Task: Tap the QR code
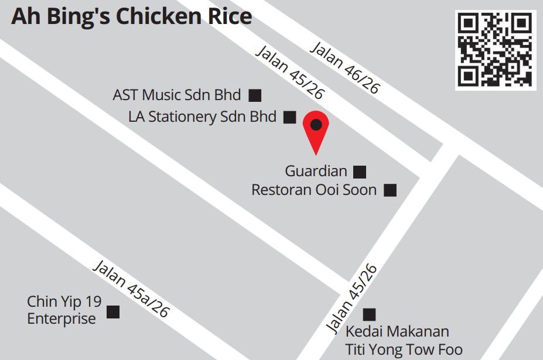495,50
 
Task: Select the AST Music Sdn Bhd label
177,94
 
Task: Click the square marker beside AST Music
255,95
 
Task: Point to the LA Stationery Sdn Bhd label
202,116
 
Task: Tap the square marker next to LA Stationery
289,117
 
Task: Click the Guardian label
316,171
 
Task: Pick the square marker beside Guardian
360,172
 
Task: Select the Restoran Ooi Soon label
314,190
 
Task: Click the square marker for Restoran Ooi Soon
390,190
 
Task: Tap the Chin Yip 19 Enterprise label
64,310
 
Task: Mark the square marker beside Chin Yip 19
113,311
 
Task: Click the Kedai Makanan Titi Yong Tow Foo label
404,341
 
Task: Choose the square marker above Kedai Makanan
369,314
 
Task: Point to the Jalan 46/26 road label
344,67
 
